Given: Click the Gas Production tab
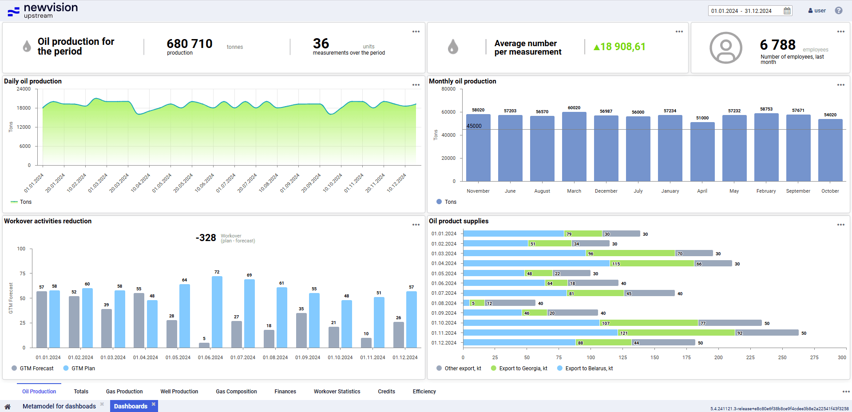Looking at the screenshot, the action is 124,392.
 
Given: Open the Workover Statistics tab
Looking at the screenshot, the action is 337,392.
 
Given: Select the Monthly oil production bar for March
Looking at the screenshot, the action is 574,147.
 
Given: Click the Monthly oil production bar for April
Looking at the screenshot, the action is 702,151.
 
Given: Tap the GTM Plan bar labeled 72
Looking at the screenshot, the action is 217,312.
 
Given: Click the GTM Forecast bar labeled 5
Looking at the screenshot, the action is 204,345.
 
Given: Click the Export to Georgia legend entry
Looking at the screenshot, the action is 519,368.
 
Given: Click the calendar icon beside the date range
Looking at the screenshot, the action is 787,11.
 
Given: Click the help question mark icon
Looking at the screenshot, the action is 839,11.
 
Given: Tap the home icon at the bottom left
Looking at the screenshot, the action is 8,406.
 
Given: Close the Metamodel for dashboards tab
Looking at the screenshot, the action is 102,404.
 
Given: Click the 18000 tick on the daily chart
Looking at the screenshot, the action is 24,108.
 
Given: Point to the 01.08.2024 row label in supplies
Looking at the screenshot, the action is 444,303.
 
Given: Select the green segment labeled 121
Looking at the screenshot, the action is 676,333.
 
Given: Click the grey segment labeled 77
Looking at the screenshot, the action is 730,323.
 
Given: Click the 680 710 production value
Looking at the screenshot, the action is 190,44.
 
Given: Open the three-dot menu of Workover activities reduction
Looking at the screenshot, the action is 416,225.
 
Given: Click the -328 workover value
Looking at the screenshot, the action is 206,238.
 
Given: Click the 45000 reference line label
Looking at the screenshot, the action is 474,126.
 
